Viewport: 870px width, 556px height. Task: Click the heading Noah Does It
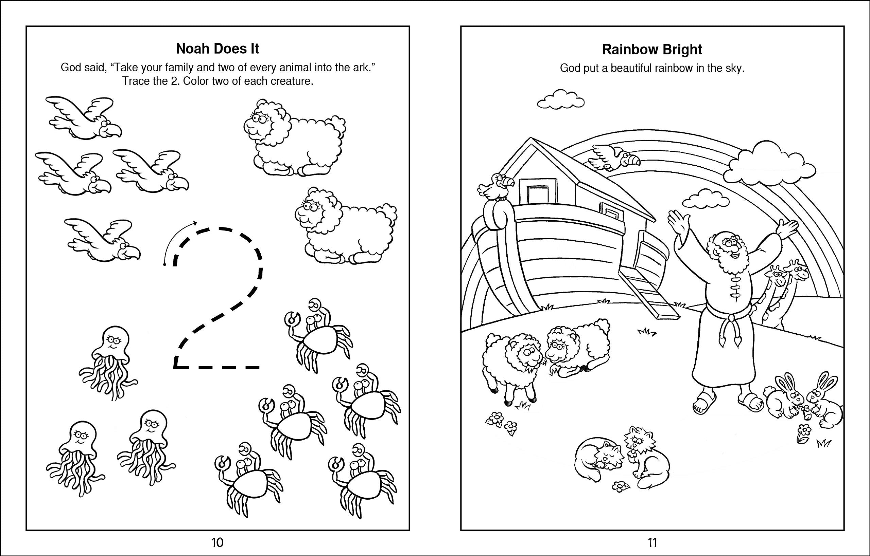point(217,49)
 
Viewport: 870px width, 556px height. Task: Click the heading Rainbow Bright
point(652,50)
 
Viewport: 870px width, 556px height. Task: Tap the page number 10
point(217,542)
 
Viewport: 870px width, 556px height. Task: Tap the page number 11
point(652,542)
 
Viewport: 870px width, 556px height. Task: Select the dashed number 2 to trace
point(217,300)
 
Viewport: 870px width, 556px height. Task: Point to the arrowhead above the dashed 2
point(195,222)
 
